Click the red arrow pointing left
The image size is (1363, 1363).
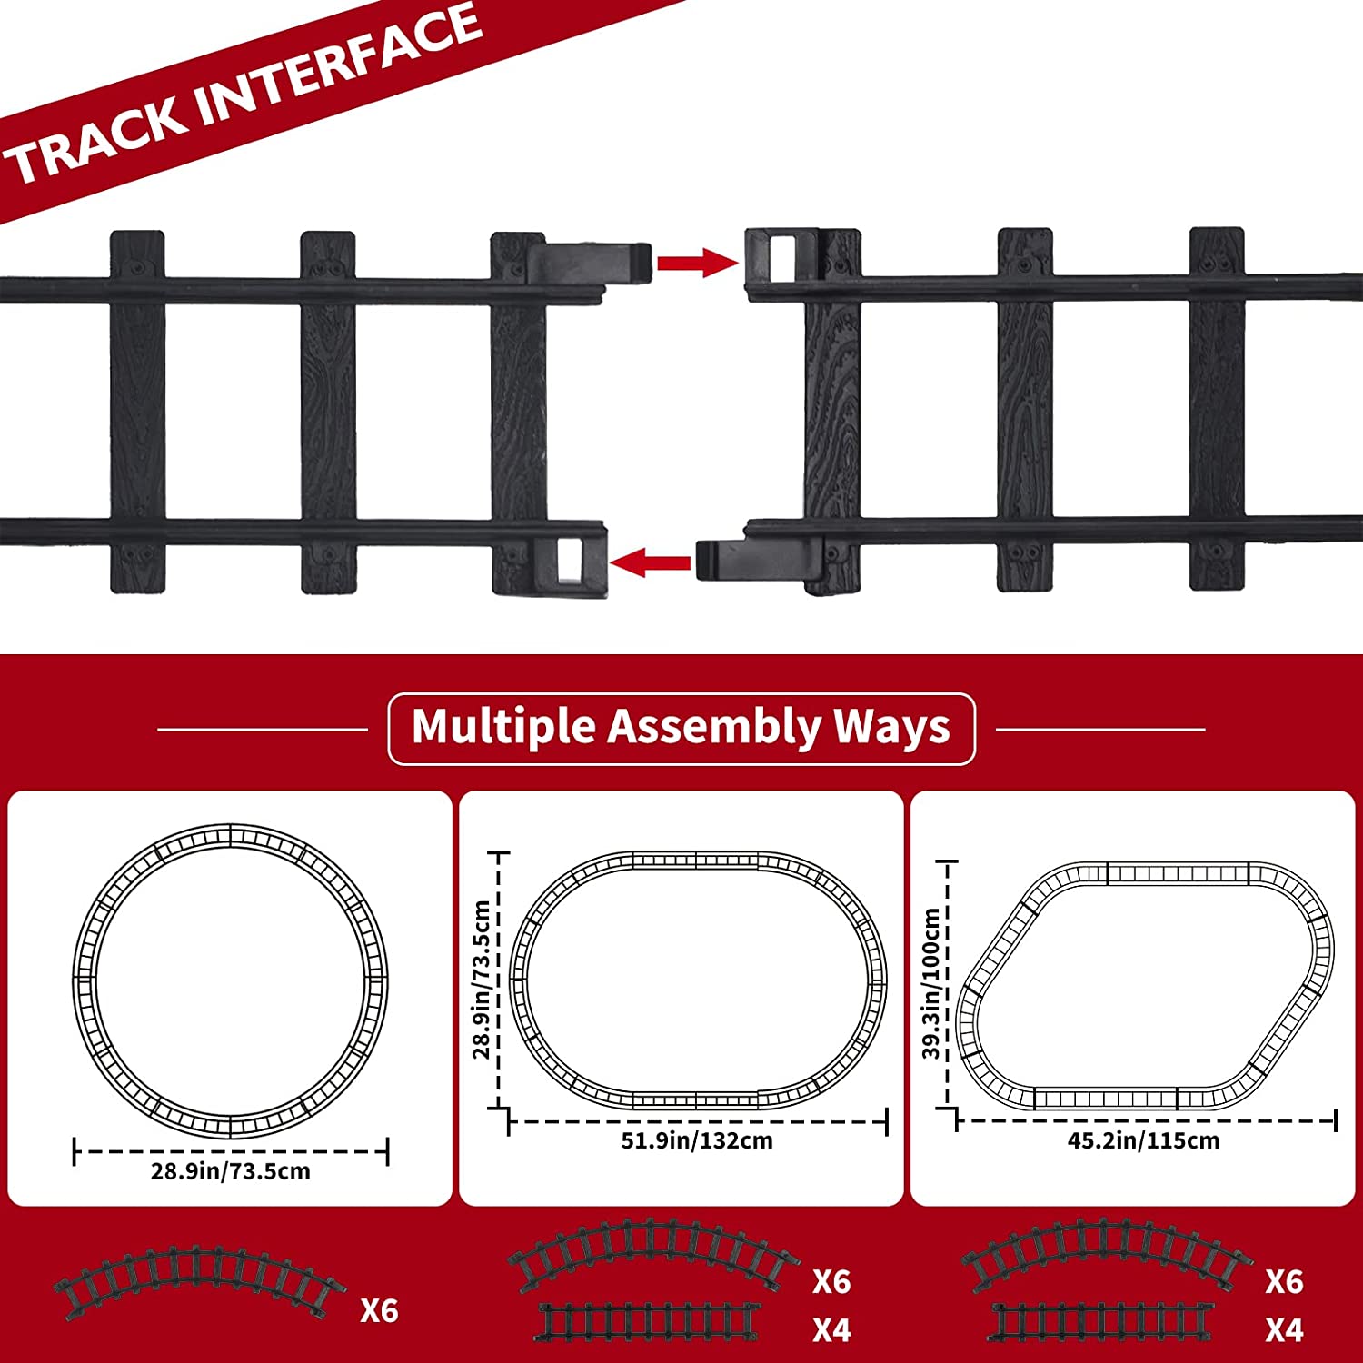(651, 562)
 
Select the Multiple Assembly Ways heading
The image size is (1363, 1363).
(681, 728)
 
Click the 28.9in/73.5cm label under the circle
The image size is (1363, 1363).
(231, 1170)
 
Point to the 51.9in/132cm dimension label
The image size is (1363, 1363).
(697, 1140)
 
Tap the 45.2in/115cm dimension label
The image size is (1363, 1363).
(1143, 1140)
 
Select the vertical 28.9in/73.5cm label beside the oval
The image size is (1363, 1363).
(482, 980)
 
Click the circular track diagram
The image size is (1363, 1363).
(231, 981)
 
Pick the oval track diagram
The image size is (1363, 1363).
(698, 980)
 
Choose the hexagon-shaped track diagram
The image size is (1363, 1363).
(1146, 985)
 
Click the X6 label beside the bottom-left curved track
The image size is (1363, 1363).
(379, 1310)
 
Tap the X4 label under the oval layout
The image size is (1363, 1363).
(831, 1330)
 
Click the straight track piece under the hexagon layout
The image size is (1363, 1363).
(1101, 1323)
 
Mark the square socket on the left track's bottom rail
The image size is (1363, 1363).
(570, 559)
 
